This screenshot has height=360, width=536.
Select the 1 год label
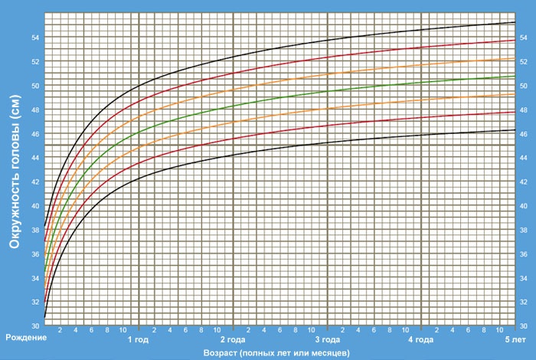coord(138,338)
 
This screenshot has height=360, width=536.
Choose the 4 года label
coord(421,338)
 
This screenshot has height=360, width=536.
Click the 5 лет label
coord(515,338)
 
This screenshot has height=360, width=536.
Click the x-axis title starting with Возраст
coord(276,352)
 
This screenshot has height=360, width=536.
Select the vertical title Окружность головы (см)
coord(13,177)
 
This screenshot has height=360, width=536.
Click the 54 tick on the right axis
coord(524,37)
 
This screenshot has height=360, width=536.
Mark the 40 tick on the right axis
coord(524,206)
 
